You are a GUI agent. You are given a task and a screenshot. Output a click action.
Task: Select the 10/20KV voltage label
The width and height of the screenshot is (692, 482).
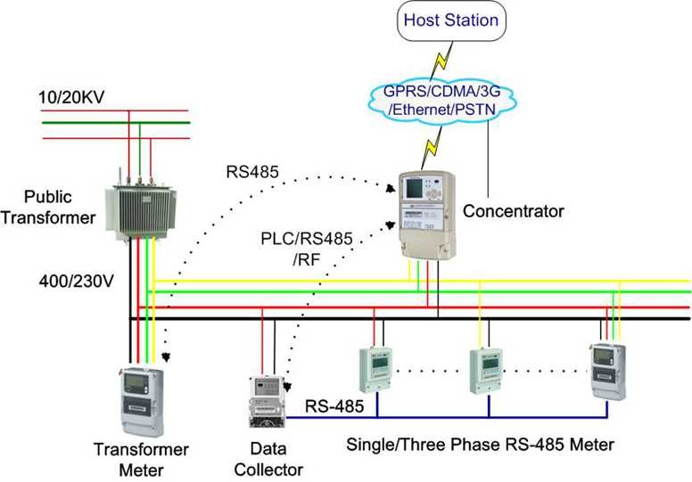pyautogui.click(x=67, y=95)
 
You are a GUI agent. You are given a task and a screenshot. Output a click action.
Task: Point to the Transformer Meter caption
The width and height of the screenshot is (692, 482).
pyautogui.click(x=130, y=458)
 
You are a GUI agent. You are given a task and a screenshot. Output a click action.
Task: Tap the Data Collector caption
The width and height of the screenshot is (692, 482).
pyautogui.click(x=273, y=460)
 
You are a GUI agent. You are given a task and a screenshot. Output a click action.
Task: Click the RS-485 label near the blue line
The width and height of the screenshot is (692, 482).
pyautogui.click(x=333, y=405)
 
